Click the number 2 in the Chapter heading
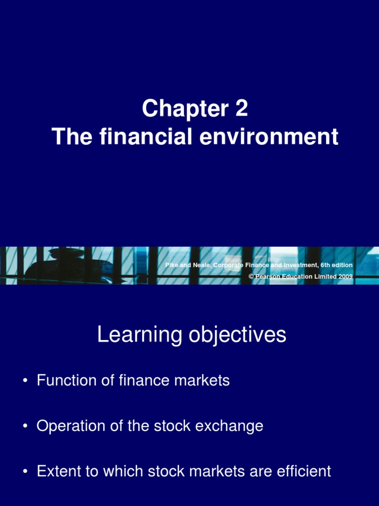pyautogui.click(x=241, y=109)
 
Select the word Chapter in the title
pyautogui.click(x=182, y=109)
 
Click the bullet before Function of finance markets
pyautogui.click(x=24, y=381)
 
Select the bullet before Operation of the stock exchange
pyautogui.click(x=24, y=426)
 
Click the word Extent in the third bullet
pyautogui.click(x=55, y=471)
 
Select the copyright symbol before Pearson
pyautogui.click(x=251, y=277)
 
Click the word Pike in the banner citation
pyautogui.click(x=171, y=266)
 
